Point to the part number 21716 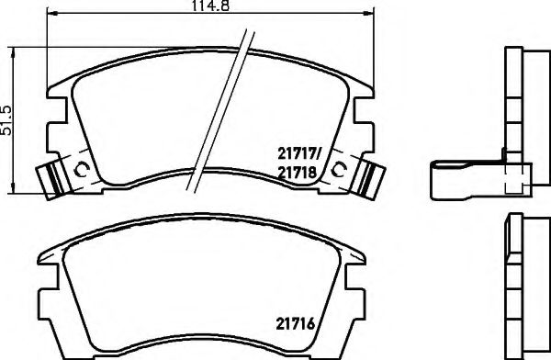point(298,322)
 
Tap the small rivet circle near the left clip point(80,170)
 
